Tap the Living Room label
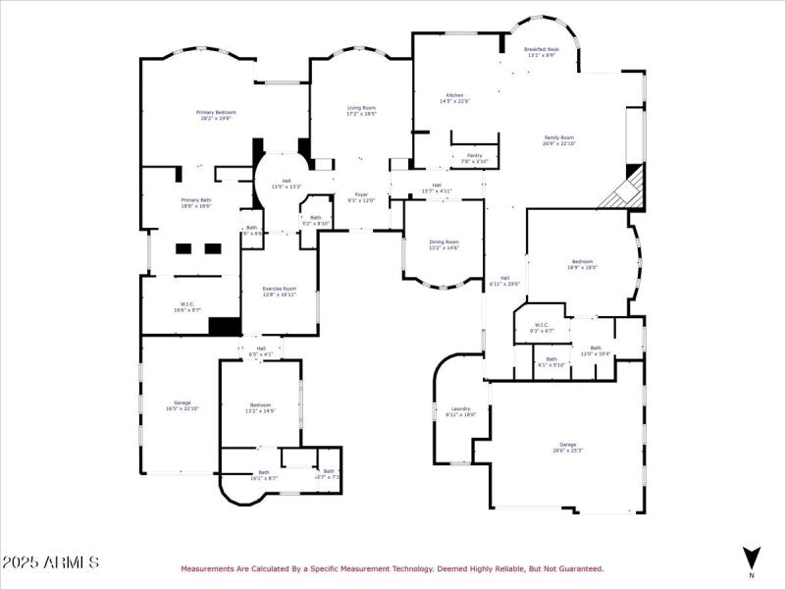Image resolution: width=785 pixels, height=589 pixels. (361, 110)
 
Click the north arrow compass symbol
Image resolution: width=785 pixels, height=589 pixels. (752, 557)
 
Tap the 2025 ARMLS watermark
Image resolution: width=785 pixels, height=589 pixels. (51, 562)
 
